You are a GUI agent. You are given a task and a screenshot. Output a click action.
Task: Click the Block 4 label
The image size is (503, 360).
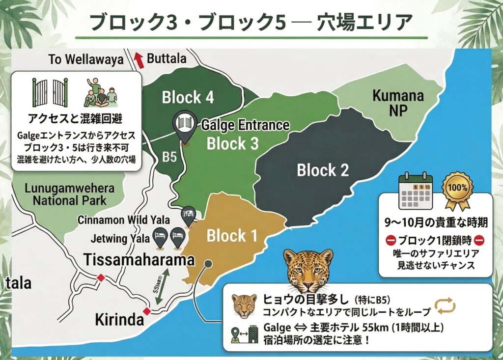[x=188, y=97]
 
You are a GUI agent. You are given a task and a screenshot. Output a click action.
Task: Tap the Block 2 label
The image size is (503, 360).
[x=323, y=170]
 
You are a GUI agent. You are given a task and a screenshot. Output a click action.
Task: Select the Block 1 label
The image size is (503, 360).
[x=232, y=236]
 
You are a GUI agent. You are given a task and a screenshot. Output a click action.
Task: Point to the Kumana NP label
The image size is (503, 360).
[x=398, y=103]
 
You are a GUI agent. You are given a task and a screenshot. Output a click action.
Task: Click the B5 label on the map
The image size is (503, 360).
[x=169, y=158]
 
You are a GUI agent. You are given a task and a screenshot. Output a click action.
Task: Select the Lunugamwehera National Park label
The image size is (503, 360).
[x=69, y=194]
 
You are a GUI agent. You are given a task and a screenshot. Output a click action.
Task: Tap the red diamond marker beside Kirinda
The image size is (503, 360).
[x=145, y=311]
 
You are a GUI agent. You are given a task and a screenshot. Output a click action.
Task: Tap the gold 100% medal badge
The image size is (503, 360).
[x=457, y=189]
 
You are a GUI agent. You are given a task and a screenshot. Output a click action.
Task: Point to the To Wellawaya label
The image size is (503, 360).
[x=85, y=60]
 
